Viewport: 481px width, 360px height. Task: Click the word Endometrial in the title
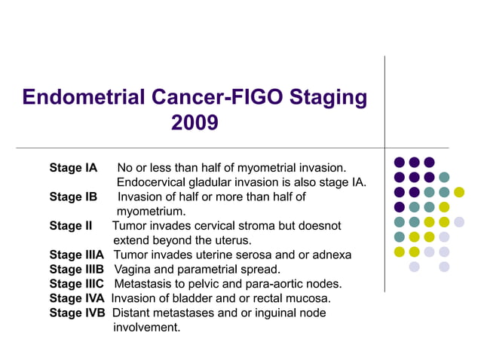tap(83, 97)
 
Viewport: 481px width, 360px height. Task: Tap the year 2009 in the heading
tap(195, 122)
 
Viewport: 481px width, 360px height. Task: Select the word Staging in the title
tap(325, 97)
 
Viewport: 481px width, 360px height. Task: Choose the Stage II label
tap(70, 226)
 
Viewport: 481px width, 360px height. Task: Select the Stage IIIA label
tap(77, 255)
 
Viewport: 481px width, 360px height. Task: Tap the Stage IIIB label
tap(77, 269)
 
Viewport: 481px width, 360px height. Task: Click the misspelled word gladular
tap(215, 182)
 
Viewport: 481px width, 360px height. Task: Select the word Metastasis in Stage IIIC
tap(146, 283)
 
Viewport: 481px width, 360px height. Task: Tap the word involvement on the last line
tap(147, 327)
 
